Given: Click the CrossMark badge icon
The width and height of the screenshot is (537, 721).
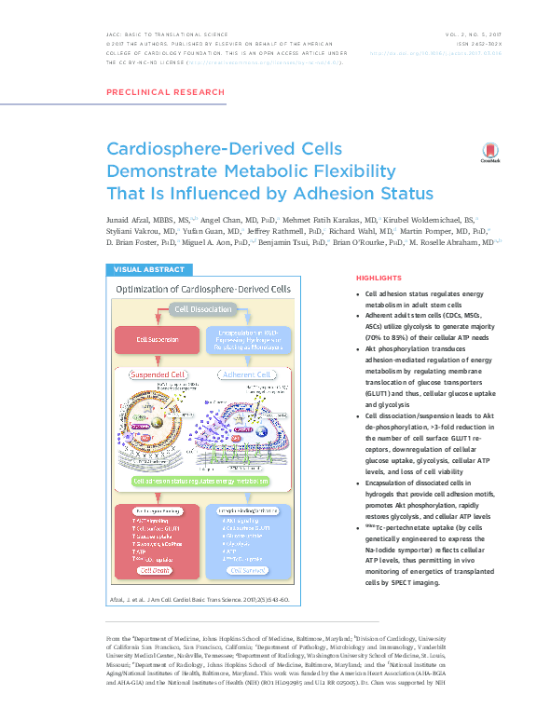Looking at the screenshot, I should (x=490, y=154).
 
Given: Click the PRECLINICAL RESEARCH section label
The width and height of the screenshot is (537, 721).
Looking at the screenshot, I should (x=166, y=92).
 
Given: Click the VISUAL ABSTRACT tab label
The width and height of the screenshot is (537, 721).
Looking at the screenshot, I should (x=150, y=269).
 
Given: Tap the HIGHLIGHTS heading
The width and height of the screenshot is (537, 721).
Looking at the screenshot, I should (x=379, y=278).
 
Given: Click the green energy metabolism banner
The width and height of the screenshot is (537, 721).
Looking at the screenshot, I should (x=202, y=481).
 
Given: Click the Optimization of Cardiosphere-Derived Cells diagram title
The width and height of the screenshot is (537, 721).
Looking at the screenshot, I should (x=202, y=289).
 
